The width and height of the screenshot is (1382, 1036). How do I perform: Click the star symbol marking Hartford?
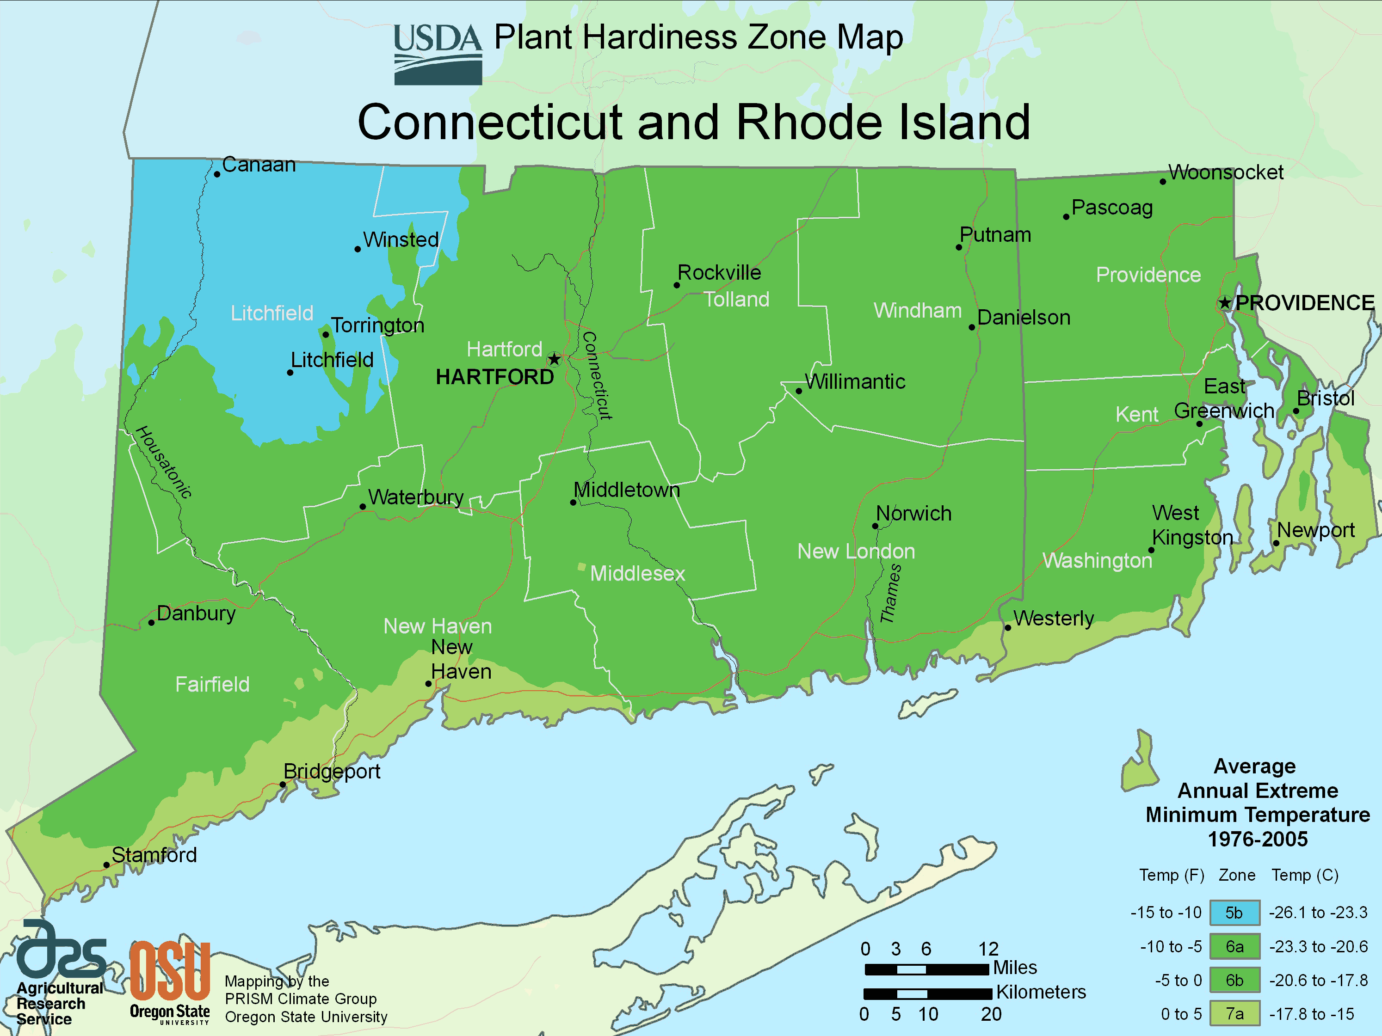point(554,359)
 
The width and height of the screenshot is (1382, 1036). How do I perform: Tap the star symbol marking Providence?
point(1225,303)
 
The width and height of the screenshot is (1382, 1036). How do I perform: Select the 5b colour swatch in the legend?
point(1234,913)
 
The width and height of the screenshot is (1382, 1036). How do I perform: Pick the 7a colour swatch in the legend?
point(1234,1013)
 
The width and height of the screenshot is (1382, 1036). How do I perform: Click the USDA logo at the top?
point(438,55)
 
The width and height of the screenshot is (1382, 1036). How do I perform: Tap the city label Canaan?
point(259,165)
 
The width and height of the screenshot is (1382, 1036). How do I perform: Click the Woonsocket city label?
point(1226,172)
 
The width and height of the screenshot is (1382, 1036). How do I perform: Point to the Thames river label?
point(890,593)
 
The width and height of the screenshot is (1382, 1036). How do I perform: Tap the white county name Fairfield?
point(212,684)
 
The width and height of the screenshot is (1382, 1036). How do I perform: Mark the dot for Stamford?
point(107,865)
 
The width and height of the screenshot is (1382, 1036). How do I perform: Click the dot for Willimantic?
point(798,392)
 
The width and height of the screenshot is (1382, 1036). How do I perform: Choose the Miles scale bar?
point(926,969)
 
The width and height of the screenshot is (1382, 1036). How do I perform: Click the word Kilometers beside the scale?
point(1041,992)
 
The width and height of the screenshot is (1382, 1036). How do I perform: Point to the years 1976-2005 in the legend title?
point(1257,839)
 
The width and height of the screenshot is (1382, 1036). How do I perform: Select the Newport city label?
point(1315,530)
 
